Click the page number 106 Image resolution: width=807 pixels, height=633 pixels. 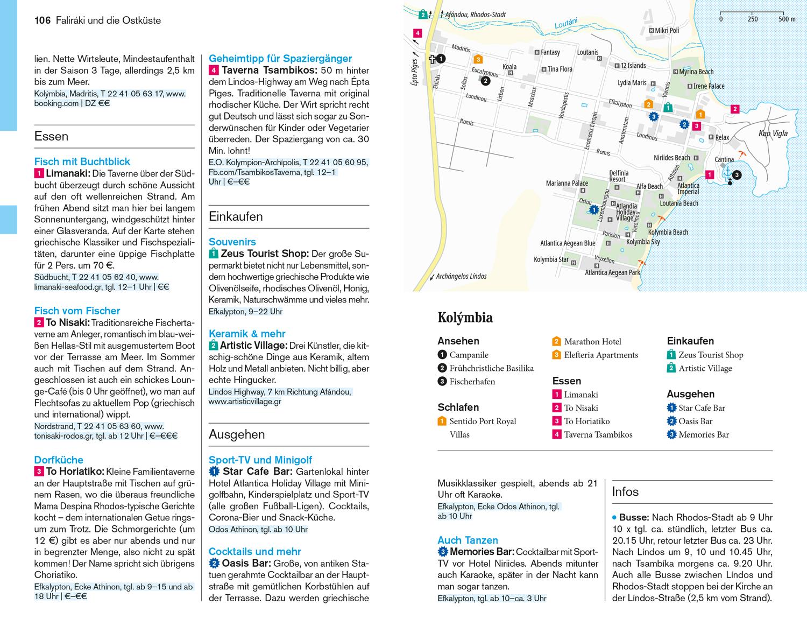pyautogui.click(x=42, y=20)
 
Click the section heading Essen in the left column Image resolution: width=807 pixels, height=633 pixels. pyautogui.click(x=51, y=136)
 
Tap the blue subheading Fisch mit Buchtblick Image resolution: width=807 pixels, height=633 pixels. pyautogui.click(x=82, y=161)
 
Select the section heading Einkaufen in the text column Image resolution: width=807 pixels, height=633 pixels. pyautogui.click(x=236, y=216)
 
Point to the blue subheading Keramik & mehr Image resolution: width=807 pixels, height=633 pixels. pyautogui.click(x=247, y=334)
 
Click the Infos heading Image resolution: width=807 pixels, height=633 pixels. pyautogui.click(x=625, y=491)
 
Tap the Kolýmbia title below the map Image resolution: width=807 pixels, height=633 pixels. pyautogui.click(x=465, y=318)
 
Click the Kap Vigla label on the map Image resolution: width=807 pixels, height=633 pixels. pyautogui.click(x=773, y=133)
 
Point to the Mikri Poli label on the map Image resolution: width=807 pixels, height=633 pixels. pyautogui.click(x=667, y=31)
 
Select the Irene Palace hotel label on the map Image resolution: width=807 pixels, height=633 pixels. pyautogui.click(x=709, y=86)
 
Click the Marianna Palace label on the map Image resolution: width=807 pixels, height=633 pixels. pyautogui.click(x=567, y=183)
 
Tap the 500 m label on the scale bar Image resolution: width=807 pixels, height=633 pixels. pyautogui.click(x=787, y=19)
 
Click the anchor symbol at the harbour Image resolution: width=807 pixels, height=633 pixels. pyautogui.click(x=728, y=173)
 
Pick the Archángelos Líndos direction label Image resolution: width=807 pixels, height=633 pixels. pyautogui.click(x=461, y=276)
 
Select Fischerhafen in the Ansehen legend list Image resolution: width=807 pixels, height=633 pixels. pyautogui.click(x=472, y=382)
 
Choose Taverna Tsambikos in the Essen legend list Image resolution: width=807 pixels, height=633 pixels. pyautogui.click(x=598, y=434)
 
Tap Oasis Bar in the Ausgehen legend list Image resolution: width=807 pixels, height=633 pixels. pyautogui.click(x=695, y=421)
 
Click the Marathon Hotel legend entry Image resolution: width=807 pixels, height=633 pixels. pyautogui.click(x=592, y=341)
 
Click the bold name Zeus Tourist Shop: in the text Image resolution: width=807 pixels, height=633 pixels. pyautogui.click(x=265, y=254)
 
